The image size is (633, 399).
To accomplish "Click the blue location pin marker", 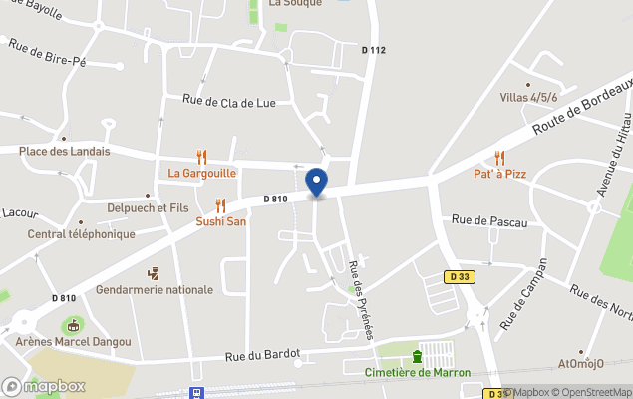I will tap(316, 183).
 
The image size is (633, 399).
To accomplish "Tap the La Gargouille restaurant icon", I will tap(202, 156).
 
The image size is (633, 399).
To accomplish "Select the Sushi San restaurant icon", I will tap(220, 205).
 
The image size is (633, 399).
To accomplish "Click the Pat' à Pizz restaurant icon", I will tap(499, 158).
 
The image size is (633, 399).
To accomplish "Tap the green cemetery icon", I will tap(417, 356).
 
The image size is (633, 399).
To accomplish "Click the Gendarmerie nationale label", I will tap(155, 290).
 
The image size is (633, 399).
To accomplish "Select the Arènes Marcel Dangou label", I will tap(74, 342).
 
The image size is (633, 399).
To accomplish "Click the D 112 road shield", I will tap(373, 50).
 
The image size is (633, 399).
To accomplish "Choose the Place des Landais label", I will tap(65, 151).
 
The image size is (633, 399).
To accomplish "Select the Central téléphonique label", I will tap(81, 234).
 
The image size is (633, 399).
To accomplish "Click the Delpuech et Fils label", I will tap(148, 207).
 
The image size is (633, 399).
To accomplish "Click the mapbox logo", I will tap(44, 386).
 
